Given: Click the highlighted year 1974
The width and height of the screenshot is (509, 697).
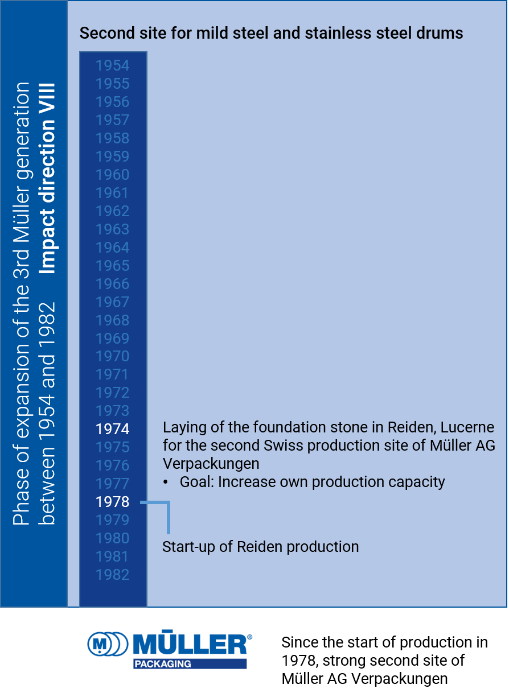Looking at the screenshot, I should (113, 429).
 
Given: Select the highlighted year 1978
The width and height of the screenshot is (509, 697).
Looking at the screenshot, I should (113, 502).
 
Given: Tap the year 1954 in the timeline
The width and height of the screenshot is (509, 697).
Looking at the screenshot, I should (113, 65).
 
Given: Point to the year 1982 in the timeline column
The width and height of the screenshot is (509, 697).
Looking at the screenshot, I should (113, 575).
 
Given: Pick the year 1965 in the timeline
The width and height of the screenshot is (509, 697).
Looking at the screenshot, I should (113, 266).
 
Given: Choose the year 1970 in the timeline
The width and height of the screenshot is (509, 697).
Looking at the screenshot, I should (113, 356).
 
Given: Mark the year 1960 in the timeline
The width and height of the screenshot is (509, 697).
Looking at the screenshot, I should (113, 175).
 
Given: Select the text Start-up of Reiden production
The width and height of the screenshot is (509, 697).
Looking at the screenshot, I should (260, 547).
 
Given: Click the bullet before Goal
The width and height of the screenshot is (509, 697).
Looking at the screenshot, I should (166, 482).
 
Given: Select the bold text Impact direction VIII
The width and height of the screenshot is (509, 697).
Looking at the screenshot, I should (49, 178).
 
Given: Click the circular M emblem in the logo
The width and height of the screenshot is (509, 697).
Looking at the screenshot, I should (100, 644).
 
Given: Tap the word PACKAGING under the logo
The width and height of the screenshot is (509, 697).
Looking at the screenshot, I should (162, 664).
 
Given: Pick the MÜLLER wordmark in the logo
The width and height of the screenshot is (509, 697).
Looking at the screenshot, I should (191, 644).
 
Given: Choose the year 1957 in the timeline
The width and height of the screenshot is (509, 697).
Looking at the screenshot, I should (113, 120).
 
